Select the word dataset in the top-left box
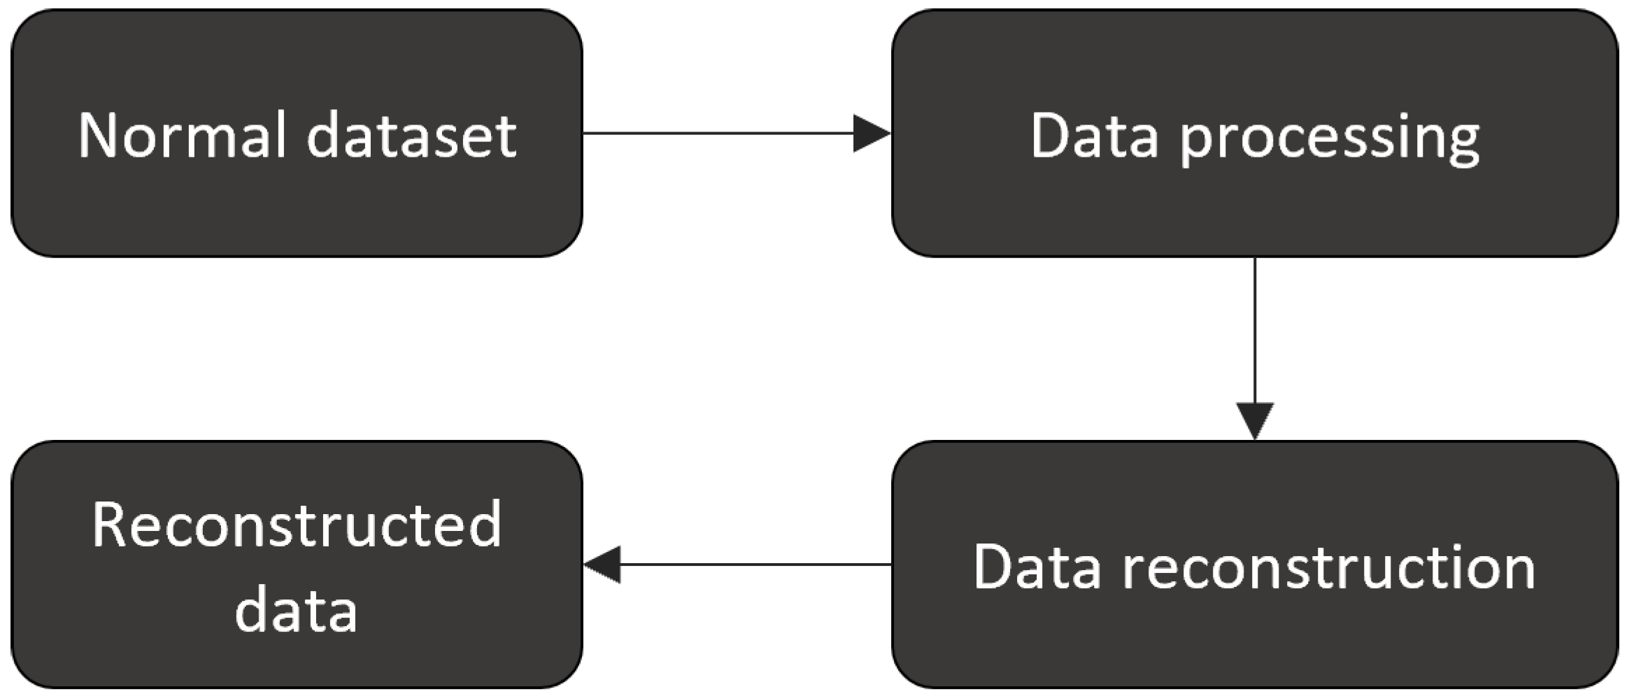click(x=411, y=136)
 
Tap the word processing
click(x=1330, y=139)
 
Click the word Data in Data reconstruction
click(x=1038, y=567)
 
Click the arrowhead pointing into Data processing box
click(x=871, y=133)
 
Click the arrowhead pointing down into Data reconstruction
click(x=1255, y=420)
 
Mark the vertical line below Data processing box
click(x=1255, y=329)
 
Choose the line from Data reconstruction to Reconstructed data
click(x=755, y=564)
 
